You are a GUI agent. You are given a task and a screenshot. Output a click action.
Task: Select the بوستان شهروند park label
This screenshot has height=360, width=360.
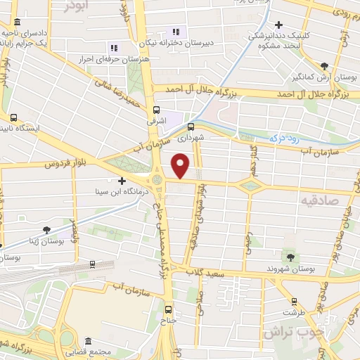pos(288,269)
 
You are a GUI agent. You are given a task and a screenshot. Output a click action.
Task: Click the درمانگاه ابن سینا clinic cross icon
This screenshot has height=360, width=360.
pos(123,181)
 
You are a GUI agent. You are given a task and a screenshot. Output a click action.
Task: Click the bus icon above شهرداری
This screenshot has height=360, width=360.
pos(191,127)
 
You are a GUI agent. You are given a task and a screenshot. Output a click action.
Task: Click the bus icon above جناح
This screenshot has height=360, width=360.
pos(167,309)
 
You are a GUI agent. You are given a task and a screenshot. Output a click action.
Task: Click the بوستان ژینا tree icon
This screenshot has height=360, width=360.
pos(46,229)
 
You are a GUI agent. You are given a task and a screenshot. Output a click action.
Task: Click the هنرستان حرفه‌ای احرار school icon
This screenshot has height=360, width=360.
pos(114,47)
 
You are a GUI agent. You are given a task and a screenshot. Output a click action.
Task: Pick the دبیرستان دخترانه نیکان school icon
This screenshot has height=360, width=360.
pos(176,31)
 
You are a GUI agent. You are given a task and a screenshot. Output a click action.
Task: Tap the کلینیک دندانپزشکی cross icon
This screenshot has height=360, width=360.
pos(280,24)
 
